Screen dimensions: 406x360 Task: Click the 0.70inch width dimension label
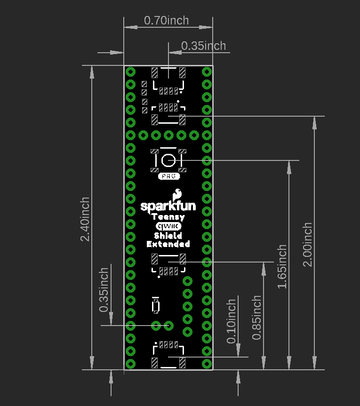(166, 21)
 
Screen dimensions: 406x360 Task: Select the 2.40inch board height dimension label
(85, 219)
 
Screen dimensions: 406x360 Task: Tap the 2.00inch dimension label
(307, 245)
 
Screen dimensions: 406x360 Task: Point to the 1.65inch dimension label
(282, 267)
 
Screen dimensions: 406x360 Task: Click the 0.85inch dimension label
(256, 318)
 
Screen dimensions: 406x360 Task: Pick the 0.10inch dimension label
(231, 321)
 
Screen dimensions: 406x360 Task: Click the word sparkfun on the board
(168, 206)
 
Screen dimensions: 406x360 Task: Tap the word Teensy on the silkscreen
(168, 217)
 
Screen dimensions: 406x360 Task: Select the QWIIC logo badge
(168, 226)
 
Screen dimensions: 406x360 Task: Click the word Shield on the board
(168, 235)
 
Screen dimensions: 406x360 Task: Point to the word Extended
(168, 244)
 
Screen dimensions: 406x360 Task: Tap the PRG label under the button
(168, 176)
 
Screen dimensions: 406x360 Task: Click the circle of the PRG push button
(168, 160)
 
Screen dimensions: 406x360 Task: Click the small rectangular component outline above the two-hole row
(155, 307)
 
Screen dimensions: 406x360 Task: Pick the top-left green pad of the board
(130, 72)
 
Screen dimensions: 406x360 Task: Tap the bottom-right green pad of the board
(206, 363)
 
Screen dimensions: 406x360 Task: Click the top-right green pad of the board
(206, 72)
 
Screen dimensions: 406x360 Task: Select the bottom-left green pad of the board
(130, 363)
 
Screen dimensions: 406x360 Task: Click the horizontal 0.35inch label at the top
(203, 46)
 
